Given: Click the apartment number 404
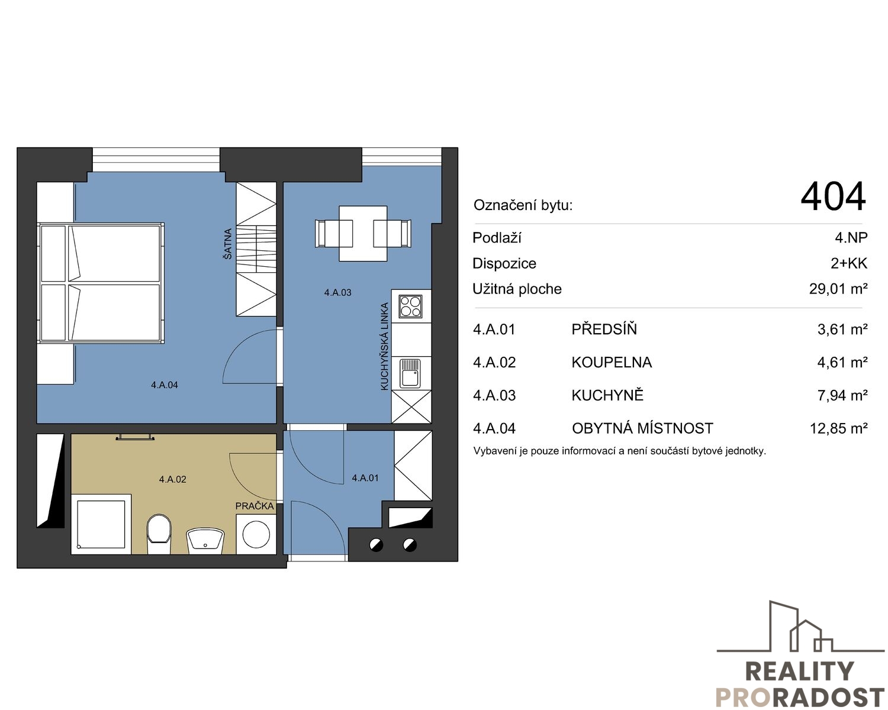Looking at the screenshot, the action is [833, 197].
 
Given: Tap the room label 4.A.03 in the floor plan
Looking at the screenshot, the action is [337, 292].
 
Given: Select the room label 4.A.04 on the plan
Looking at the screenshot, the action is [164, 385].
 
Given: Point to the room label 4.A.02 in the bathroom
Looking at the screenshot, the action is [172, 479].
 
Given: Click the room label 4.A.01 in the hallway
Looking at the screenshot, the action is [365, 477].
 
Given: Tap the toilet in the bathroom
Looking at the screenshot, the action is [159, 534].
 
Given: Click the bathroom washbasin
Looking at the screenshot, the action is [205, 541].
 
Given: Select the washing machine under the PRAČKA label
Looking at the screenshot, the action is [256, 534].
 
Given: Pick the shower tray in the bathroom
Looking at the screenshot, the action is [101, 524].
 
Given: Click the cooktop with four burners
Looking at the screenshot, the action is [411, 306].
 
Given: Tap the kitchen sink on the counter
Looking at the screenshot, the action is [411, 373].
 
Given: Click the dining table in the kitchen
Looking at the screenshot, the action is [363, 234].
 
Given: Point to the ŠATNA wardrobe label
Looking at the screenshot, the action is [227, 244].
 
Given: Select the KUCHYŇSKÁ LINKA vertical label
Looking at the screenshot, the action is [385, 347].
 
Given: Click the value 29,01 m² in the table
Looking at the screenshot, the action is [838, 289].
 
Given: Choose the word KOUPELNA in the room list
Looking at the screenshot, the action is [612, 362].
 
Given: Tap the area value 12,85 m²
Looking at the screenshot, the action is [838, 428].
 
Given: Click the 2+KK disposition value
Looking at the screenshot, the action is [849, 263].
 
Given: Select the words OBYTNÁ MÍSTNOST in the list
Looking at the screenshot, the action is [642, 428].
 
